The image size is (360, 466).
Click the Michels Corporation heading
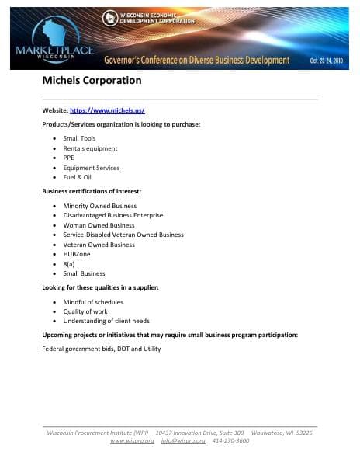[x=92, y=80]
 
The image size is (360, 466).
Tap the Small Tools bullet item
[x=79, y=138]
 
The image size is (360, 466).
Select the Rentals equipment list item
[x=90, y=148]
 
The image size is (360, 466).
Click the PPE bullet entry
[x=69, y=158]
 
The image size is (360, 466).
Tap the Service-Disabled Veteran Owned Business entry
[x=123, y=235]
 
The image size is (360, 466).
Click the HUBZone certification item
[x=76, y=254]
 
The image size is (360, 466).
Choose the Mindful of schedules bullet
[x=93, y=302]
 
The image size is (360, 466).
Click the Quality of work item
[x=85, y=311]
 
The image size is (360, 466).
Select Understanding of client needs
[x=106, y=321]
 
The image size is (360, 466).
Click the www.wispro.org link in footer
[x=130, y=440]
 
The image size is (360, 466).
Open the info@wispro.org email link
[x=183, y=440]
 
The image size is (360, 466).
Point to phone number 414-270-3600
[x=232, y=440]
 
